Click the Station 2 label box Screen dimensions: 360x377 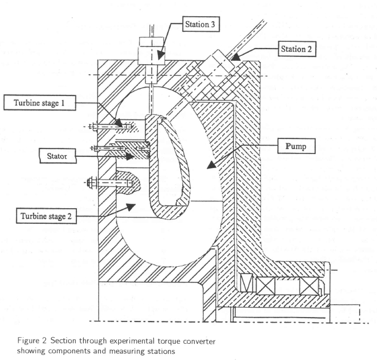coord(297,49)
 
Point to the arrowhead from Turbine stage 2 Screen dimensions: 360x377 coord(129,207)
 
